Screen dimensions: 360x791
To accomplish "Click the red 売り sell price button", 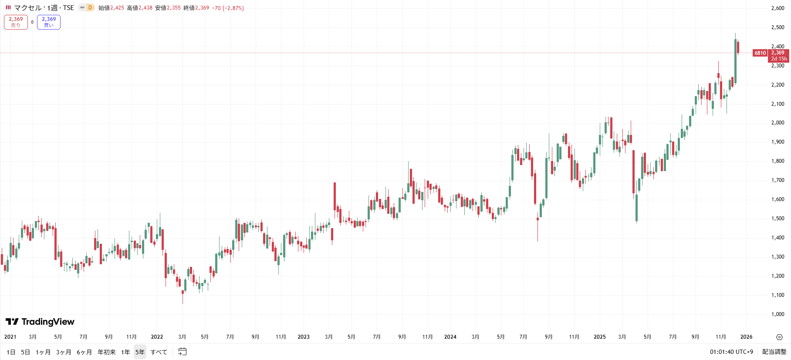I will pos(16,22).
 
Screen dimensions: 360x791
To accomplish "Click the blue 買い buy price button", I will pos(49,22).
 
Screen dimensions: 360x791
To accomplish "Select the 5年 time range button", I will pos(140,352).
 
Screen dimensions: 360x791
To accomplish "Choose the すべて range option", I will pos(159,352).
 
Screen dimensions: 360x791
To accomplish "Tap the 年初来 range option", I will pos(107,352).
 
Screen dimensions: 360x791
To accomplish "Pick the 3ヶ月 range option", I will pos(64,352).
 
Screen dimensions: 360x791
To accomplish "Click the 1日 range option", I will pos(11,352).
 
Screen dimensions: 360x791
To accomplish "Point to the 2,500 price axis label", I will pos(777,27).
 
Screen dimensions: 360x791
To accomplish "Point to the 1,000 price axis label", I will pos(777,314).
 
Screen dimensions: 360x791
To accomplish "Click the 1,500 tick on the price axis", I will pos(777,219).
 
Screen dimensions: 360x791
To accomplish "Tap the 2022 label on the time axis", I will pos(157,337).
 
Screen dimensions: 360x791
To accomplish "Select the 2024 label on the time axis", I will pos(450,337).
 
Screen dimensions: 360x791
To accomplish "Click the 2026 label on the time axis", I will pos(746,337).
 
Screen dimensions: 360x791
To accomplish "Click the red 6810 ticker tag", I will pos(760,53).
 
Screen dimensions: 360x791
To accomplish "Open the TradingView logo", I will pos(40,322).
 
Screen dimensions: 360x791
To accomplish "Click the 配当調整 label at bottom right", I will pos(774,352).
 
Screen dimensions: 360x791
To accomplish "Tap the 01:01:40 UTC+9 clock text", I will pos(731,352).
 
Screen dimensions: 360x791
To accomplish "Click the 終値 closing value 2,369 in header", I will pos(202,8).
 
